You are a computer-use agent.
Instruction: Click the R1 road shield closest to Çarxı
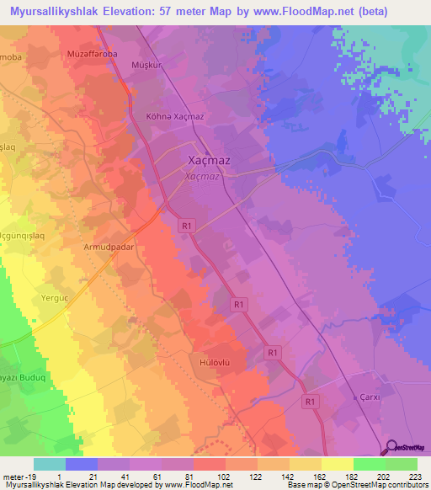[311, 402]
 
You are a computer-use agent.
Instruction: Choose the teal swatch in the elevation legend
[49, 464]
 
